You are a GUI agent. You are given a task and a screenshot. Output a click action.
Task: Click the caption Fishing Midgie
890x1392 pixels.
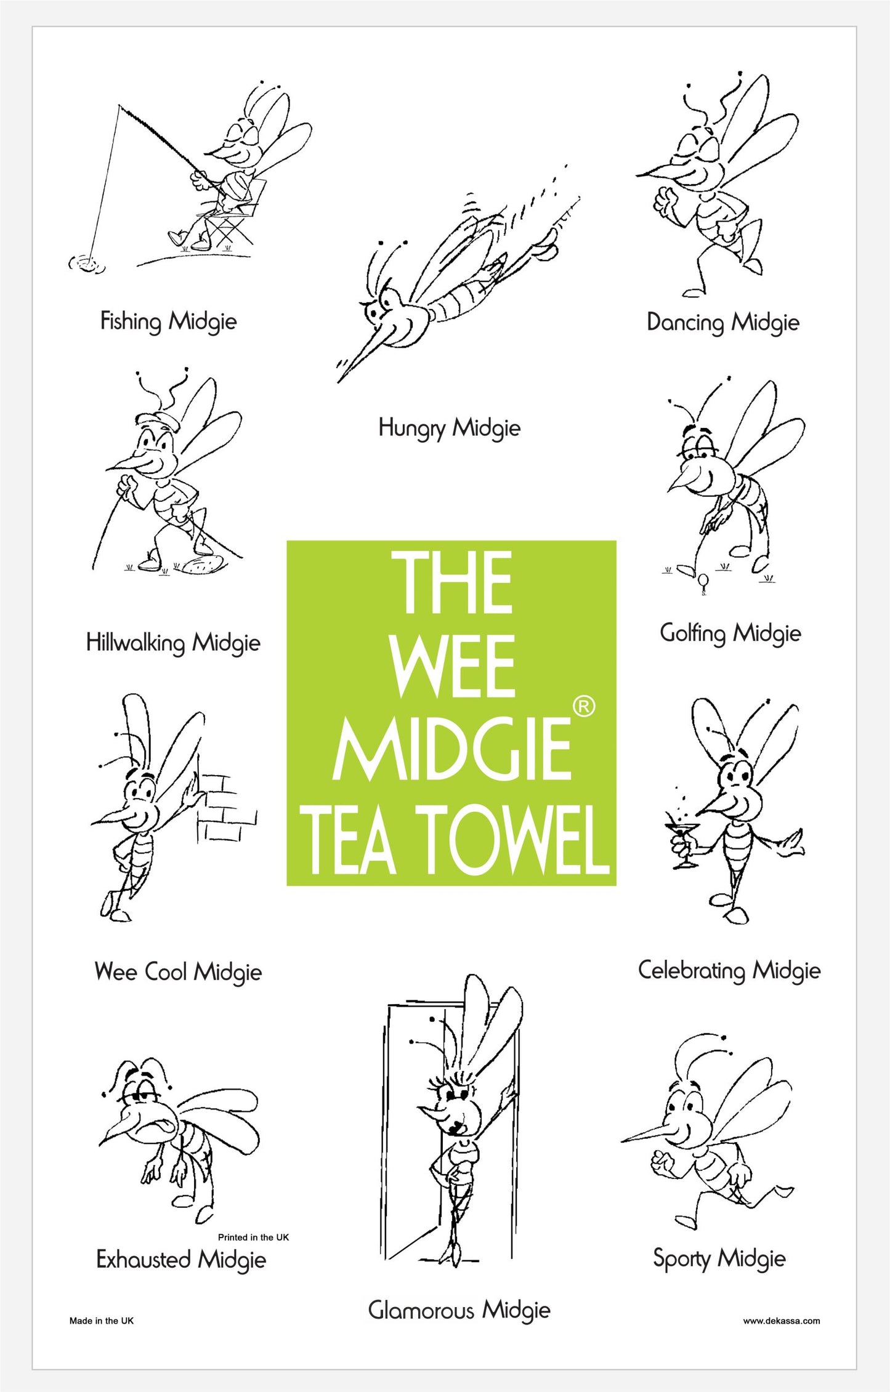pyautogui.click(x=168, y=321)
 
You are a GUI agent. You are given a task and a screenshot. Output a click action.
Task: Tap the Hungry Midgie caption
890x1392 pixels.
pyautogui.click(x=449, y=428)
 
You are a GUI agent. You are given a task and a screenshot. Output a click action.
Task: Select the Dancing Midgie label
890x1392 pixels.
pyautogui.click(x=722, y=322)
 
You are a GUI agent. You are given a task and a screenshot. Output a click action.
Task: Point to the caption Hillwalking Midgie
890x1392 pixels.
pyautogui.click(x=173, y=643)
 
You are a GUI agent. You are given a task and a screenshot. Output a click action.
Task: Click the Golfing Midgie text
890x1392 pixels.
pyautogui.click(x=730, y=633)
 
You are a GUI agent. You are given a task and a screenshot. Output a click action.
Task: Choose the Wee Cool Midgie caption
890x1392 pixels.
pyautogui.click(x=178, y=972)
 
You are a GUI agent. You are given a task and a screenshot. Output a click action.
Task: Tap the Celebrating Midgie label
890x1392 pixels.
pyautogui.click(x=729, y=970)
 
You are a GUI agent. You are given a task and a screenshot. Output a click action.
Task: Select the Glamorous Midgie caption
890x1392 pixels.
pyautogui.click(x=459, y=1310)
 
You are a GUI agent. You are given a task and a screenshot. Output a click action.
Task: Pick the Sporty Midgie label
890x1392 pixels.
pyautogui.click(x=719, y=1258)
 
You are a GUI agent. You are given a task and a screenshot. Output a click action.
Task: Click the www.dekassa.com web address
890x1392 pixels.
pyautogui.click(x=782, y=1321)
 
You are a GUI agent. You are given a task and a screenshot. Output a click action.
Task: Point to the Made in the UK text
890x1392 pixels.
pyautogui.click(x=102, y=1321)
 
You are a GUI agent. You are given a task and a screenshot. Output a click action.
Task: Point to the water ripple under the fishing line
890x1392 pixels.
pyautogui.click(x=87, y=263)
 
